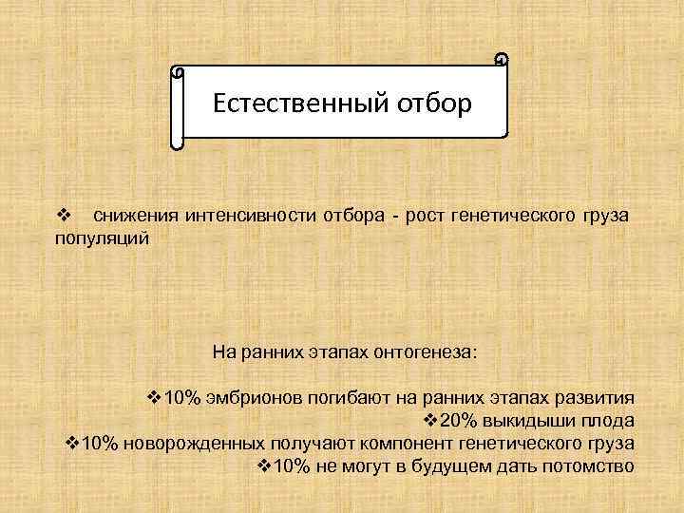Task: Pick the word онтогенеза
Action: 431,351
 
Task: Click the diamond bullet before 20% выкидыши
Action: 428,421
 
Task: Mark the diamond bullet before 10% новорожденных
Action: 71,444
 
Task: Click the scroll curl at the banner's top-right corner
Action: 502,61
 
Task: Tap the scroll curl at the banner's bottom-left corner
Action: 177,145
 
